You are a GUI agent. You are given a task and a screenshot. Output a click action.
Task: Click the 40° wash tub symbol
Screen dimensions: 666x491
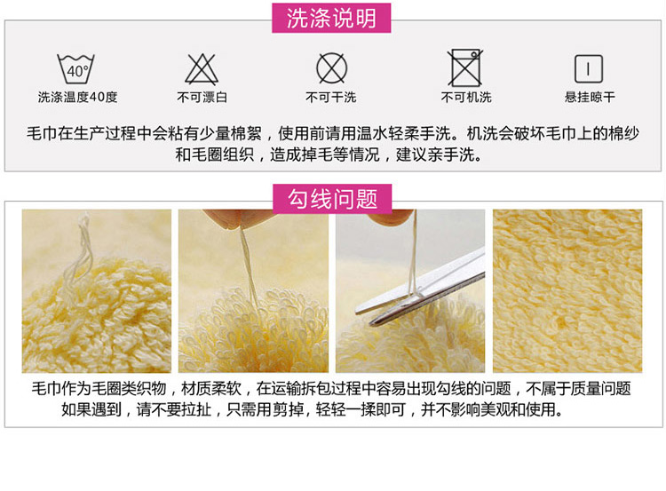pyautogui.click(x=76, y=69)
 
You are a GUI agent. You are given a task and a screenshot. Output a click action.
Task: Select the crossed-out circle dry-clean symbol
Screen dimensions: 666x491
pyautogui.click(x=331, y=68)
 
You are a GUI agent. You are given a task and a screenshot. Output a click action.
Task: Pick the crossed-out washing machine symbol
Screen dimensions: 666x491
pyautogui.click(x=465, y=68)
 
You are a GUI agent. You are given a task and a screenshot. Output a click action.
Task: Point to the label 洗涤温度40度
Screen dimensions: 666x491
pyautogui.click(x=77, y=98)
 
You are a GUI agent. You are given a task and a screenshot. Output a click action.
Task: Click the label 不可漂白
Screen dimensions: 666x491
pyautogui.click(x=202, y=98)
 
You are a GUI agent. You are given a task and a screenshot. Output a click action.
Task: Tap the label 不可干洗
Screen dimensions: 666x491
pyautogui.click(x=331, y=98)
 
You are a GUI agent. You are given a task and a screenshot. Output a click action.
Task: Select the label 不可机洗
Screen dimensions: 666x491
pyautogui.click(x=466, y=98)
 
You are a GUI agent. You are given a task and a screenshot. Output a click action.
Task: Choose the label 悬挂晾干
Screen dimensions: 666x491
pyautogui.click(x=590, y=98)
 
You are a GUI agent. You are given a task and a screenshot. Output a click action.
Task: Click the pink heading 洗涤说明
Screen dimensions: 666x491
pyautogui.click(x=331, y=19)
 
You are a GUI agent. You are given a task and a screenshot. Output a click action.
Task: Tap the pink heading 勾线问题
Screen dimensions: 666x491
pyautogui.click(x=332, y=199)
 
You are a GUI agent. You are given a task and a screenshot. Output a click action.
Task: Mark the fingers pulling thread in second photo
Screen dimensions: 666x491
pyautogui.click(x=238, y=217)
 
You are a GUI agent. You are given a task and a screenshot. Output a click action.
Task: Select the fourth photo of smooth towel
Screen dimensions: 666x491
pyautogui.click(x=567, y=291)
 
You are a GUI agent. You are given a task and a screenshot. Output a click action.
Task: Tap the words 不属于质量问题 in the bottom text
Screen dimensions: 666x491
pyautogui.click(x=578, y=388)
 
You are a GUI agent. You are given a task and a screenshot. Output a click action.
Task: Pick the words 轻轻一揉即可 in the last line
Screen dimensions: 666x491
pyautogui.click(x=361, y=409)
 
